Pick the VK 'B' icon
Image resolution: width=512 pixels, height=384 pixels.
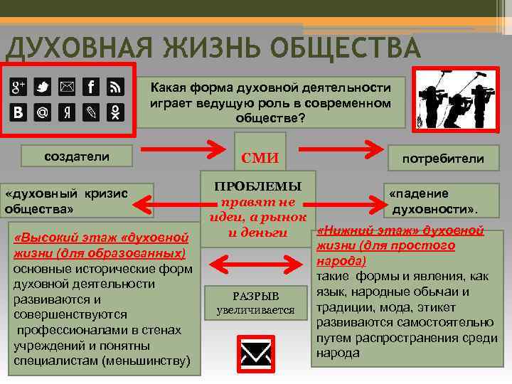point(18,112)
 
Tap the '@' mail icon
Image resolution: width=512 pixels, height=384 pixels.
point(43,112)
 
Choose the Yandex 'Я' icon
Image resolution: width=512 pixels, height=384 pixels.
point(66,112)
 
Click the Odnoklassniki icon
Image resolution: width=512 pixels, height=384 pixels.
point(115,112)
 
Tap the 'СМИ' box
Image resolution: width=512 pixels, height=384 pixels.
point(260,158)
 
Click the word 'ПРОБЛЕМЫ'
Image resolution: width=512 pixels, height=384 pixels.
point(259,186)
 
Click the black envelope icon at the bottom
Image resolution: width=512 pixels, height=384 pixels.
point(255,352)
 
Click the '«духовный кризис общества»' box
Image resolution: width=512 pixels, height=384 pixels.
point(78,201)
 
